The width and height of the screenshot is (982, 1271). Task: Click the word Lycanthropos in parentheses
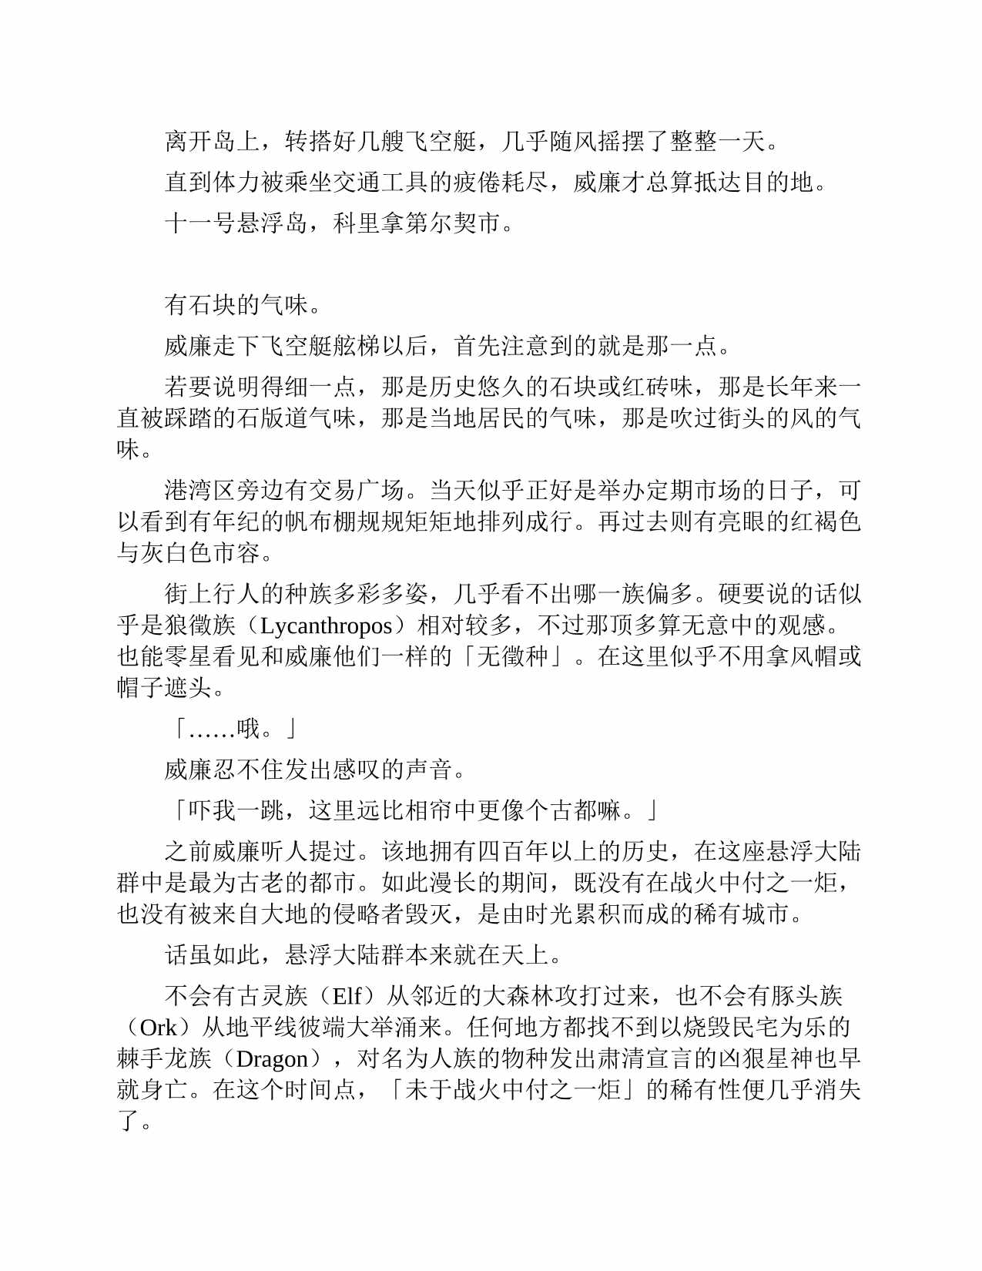click(x=327, y=625)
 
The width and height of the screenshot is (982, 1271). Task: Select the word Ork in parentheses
click(x=158, y=1028)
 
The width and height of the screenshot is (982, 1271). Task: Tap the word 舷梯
click(x=356, y=346)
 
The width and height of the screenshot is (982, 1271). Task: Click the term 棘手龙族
click(x=164, y=1059)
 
